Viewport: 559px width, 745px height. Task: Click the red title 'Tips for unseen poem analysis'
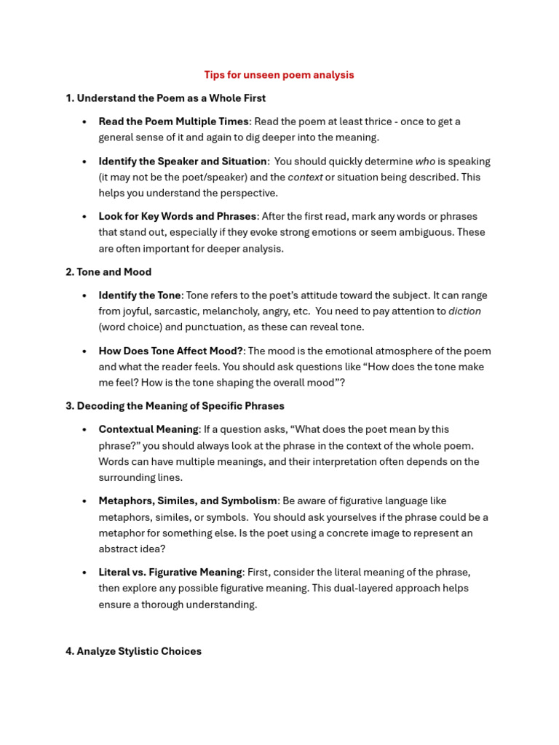[279, 75]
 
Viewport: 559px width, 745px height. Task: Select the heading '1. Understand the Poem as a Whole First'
[165, 98]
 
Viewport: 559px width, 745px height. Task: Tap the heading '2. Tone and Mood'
[108, 272]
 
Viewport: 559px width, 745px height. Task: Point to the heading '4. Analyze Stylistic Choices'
[133, 651]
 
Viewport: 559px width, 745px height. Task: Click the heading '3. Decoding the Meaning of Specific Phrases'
[175, 406]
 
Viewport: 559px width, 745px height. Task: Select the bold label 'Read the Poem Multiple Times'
[174, 121]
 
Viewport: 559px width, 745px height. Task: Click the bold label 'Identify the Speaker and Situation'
[183, 162]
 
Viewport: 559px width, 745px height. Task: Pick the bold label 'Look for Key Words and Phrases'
[178, 216]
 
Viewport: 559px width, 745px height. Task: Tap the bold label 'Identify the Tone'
[139, 295]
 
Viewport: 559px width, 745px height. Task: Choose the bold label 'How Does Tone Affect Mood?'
[171, 351]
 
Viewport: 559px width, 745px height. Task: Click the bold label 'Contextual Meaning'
[148, 429]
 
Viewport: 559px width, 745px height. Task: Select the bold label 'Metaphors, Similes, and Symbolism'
[188, 501]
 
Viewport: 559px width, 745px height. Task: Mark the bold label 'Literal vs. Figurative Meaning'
[170, 572]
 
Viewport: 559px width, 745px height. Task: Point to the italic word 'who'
[425, 162]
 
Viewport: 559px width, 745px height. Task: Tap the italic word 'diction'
[464, 311]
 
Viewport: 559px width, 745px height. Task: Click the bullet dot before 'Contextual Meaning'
[85, 429]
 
